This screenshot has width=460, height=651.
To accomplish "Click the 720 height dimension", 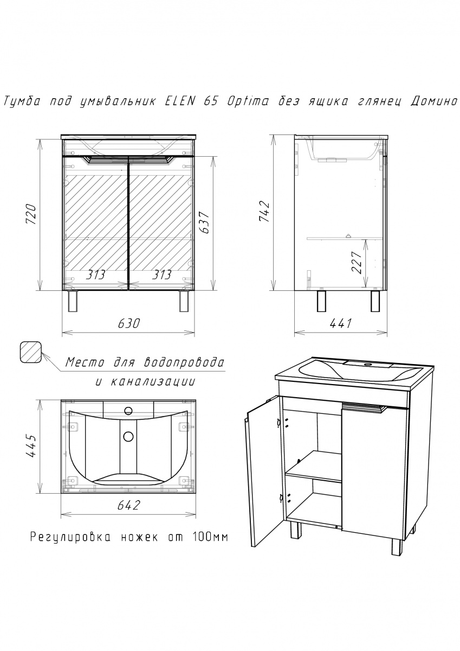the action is [x=31, y=214].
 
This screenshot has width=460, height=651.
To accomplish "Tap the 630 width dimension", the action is [x=128, y=323].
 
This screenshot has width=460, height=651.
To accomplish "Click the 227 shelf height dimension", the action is [x=357, y=263].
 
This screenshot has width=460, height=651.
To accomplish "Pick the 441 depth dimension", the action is [x=341, y=323].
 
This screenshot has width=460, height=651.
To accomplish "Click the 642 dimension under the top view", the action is [x=128, y=505].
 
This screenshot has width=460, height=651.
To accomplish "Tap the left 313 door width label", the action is [x=95, y=275].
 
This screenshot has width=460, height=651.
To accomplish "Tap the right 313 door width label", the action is [x=161, y=275].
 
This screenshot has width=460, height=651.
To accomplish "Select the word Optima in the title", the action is [x=248, y=102].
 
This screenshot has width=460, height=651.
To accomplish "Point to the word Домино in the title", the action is [x=433, y=102].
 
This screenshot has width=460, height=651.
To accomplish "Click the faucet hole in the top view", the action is [x=128, y=411].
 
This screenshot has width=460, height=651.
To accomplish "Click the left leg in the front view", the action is [x=73, y=301].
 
